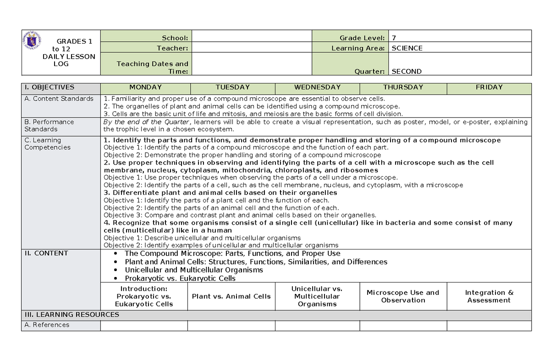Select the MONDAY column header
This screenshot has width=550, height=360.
[145, 87]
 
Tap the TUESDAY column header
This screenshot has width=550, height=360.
[233, 87]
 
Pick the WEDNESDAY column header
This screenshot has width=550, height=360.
[317, 87]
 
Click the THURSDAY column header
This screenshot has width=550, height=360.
[403, 87]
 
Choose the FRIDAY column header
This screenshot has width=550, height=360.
[489, 87]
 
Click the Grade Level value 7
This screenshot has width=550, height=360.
[393, 38]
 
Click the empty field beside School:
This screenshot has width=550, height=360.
[251, 38]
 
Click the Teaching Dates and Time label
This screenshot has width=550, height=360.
[153, 67]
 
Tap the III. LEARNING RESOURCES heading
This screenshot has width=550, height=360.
[71, 315]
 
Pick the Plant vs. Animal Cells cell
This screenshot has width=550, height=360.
[231, 296]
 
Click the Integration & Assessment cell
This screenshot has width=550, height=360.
[489, 296]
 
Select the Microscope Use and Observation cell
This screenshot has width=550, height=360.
[403, 296]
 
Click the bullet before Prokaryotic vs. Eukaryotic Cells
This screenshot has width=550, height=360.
[115, 278]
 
